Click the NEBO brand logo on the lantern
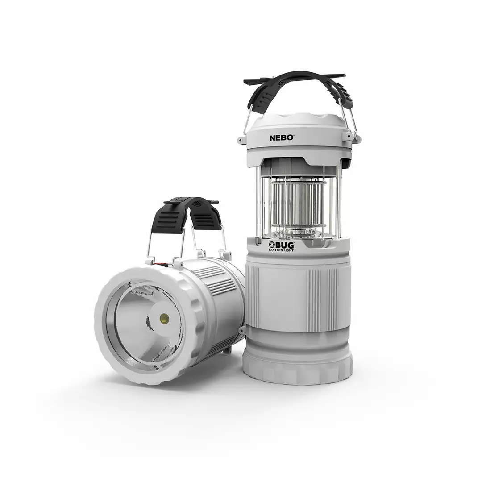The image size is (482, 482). (x=282, y=138)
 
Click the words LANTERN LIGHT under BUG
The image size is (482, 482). (x=281, y=250)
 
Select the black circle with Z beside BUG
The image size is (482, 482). (x=271, y=245)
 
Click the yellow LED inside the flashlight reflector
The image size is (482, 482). (x=164, y=318)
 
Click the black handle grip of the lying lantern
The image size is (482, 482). (x=186, y=214)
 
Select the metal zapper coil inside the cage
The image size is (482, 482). (x=298, y=203)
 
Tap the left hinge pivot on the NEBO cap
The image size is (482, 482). (x=242, y=140)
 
